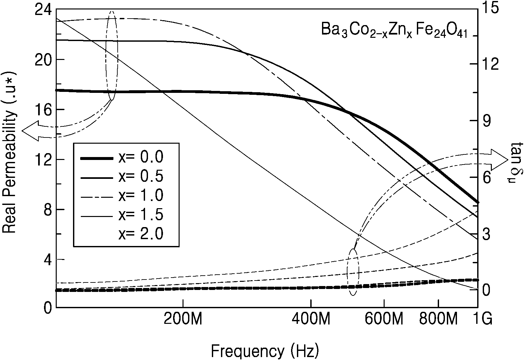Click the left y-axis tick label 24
pyautogui.click(x=43, y=10)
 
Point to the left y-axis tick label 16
pyautogui.click(x=43, y=110)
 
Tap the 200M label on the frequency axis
pyautogui.click(x=183, y=319)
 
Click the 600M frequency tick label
pyautogui.click(x=384, y=319)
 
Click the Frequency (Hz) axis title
pyautogui.click(x=265, y=351)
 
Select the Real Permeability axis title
pyautogui.click(x=9, y=152)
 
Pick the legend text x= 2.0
pyautogui.click(x=141, y=234)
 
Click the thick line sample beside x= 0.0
pyautogui.click(x=97, y=159)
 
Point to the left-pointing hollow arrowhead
pyautogui.click(x=30, y=131)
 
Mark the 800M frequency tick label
pyautogui.click(x=438, y=319)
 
